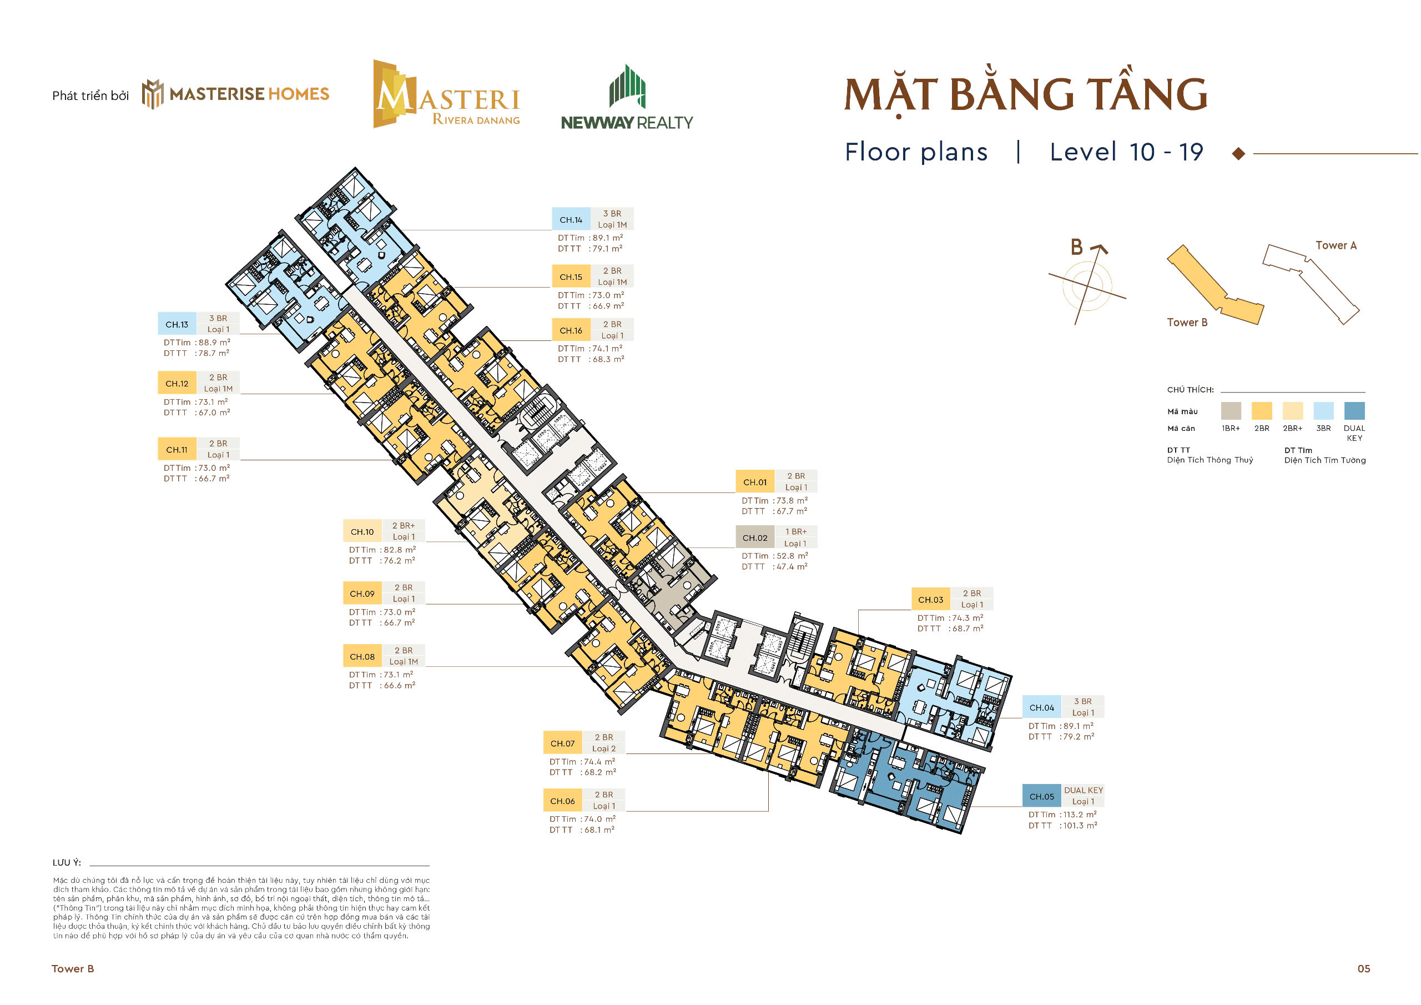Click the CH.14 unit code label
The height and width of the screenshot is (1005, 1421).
571,220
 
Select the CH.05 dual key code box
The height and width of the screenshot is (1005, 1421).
1042,796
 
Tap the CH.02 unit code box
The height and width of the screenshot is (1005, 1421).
754,537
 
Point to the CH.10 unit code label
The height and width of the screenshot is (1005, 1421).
362,531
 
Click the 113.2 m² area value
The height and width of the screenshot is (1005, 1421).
1080,815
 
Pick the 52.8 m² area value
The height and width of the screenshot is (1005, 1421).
792,555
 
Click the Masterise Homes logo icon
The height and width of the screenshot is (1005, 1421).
153,94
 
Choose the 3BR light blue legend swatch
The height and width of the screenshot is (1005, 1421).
1323,410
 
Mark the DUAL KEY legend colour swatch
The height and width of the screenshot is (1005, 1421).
1354,410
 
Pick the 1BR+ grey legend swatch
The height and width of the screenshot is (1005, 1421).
1231,410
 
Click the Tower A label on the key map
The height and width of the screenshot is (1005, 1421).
1336,245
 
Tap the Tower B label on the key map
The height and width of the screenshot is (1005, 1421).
1186,322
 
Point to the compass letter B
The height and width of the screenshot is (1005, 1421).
1077,247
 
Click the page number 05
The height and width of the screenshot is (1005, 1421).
1363,968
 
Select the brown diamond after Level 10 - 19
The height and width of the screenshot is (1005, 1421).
1238,154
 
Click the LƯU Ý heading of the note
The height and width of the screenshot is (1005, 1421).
67,862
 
